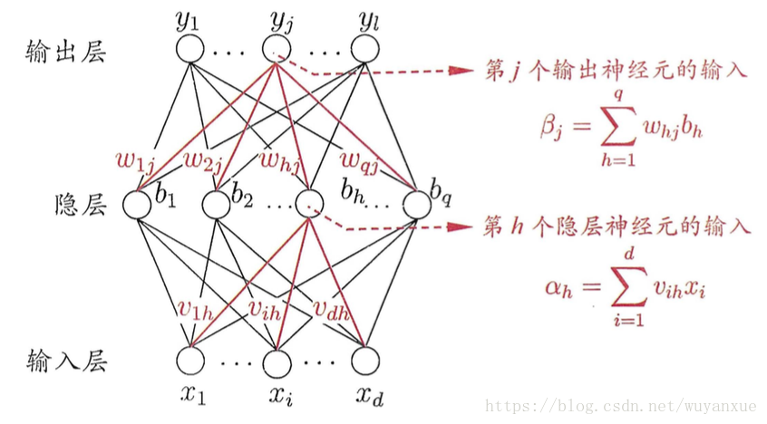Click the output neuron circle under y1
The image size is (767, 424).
191,49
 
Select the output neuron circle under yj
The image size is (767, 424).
277,49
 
